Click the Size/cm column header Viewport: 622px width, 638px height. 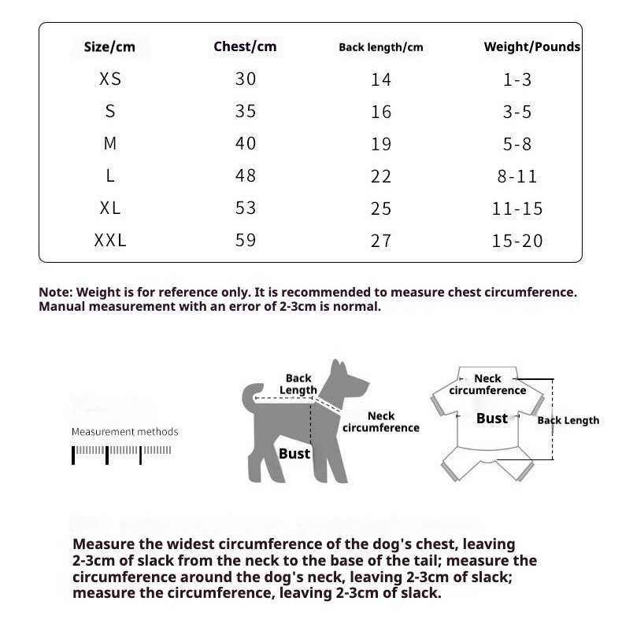click(x=109, y=47)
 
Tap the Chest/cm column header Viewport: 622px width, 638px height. click(x=245, y=46)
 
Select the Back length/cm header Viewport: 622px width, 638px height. click(x=380, y=47)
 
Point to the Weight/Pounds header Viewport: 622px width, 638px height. click(x=531, y=46)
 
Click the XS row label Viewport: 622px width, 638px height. click(x=110, y=79)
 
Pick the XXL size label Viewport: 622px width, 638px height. click(x=110, y=241)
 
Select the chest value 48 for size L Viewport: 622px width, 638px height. click(x=246, y=176)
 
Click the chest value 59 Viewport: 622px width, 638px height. click(x=246, y=240)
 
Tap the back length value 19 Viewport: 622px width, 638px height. click(x=381, y=144)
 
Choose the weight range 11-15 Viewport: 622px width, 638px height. click(x=517, y=208)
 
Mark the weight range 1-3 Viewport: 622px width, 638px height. click(x=517, y=79)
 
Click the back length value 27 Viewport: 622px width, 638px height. click(x=381, y=241)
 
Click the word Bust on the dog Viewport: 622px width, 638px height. click(x=294, y=453)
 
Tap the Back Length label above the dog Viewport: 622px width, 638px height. click(x=298, y=384)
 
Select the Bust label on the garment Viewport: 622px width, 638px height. click(x=492, y=419)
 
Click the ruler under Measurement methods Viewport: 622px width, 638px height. click(x=122, y=453)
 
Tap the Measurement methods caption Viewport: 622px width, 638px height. click(x=124, y=432)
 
